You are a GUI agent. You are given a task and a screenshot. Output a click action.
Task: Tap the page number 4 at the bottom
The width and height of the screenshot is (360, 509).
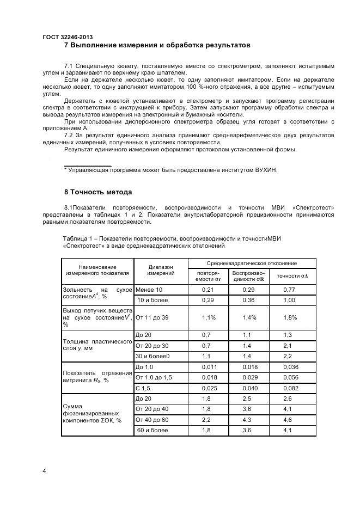tap(44, 471)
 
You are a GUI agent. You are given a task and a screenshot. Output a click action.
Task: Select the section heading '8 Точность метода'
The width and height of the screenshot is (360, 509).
tap(98, 192)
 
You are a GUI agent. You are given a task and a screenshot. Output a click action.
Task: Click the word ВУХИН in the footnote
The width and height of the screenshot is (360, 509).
tap(266, 170)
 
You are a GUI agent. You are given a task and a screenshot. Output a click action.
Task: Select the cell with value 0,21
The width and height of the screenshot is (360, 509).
tap(208, 290)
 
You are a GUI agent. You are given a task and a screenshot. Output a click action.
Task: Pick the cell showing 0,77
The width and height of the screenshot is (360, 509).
tap(289, 290)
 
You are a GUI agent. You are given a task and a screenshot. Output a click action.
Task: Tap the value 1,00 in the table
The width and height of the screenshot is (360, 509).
tap(289, 300)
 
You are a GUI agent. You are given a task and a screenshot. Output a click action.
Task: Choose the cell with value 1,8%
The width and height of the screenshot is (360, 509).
tap(291, 317)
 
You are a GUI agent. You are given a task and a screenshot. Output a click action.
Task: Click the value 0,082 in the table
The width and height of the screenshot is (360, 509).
tap(292, 388)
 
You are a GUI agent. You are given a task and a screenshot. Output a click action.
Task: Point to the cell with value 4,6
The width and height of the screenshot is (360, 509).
tap(289, 420)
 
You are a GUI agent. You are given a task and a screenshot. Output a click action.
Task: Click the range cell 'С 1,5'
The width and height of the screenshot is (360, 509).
tap(143, 388)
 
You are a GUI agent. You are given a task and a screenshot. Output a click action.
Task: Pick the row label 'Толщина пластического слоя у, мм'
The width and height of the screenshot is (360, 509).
tap(97, 345)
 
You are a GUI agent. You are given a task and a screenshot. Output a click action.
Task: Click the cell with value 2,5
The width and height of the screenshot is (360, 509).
tap(248, 399)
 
